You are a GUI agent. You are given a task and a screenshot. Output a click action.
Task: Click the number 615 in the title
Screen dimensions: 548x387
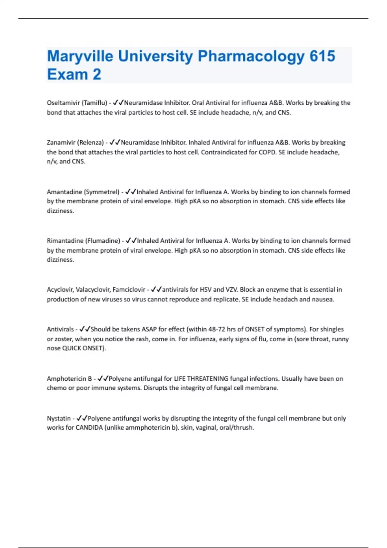click(322, 56)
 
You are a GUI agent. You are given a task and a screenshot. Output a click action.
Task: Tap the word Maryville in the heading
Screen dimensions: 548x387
click(80, 57)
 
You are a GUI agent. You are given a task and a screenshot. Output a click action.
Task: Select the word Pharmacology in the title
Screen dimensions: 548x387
click(251, 57)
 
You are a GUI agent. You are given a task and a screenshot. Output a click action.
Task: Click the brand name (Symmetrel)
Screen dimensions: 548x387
click(102, 192)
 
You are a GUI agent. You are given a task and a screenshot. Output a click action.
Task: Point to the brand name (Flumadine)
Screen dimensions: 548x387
click(103, 241)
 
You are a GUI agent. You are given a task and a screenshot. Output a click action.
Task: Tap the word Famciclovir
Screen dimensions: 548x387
click(129, 290)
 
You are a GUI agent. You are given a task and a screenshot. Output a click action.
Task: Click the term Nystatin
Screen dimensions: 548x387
click(59, 418)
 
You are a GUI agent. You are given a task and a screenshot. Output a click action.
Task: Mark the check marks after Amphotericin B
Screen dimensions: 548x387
click(103, 378)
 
